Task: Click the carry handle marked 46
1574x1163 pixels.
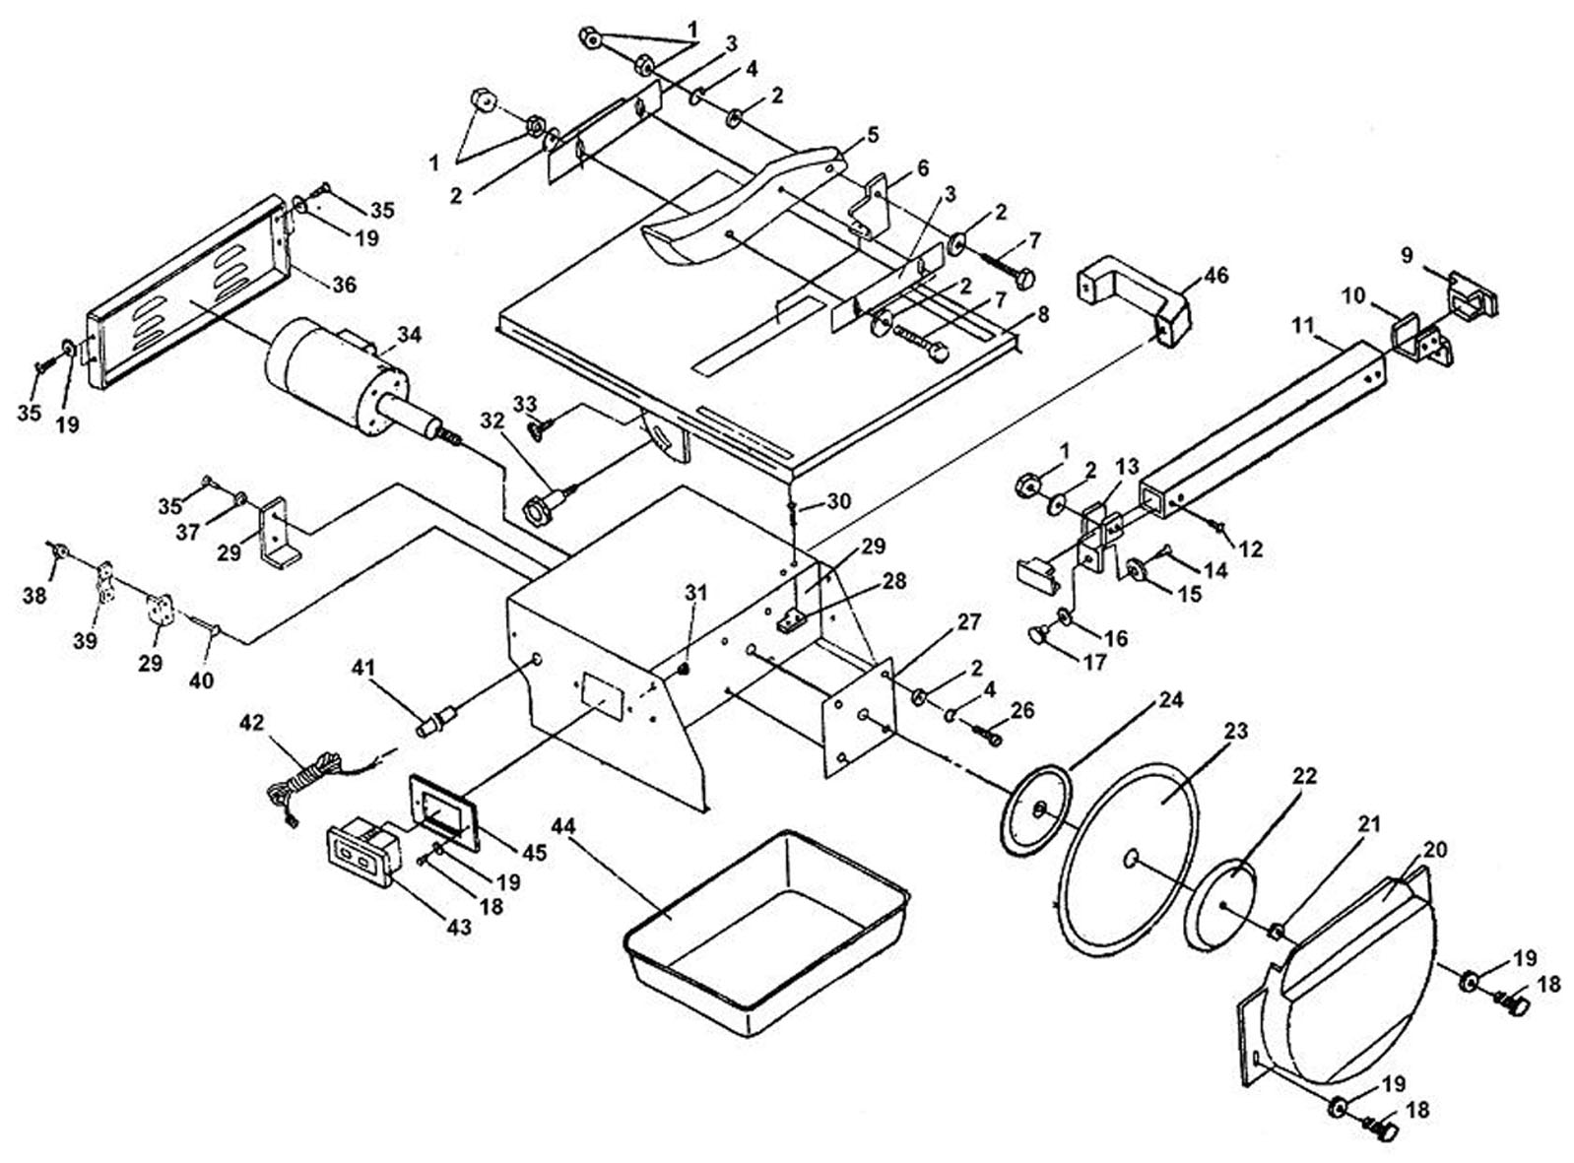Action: [1134, 303]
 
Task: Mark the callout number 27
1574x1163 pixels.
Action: [968, 622]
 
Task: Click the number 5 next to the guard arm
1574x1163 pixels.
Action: [873, 133]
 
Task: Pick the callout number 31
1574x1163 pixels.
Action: [695, 592]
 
